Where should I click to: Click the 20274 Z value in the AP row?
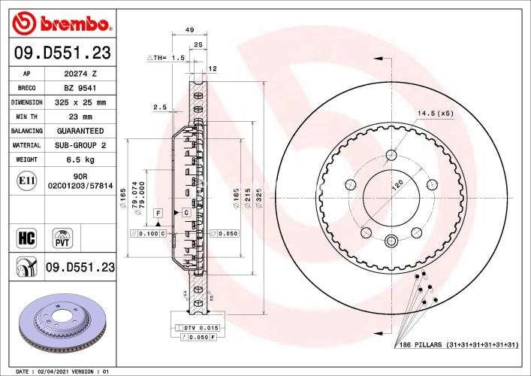80,74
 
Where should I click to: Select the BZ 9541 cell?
80,88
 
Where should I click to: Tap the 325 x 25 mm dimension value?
80,102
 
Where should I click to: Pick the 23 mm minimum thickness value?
80,117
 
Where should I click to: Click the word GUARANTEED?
80,131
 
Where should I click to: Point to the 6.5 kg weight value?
80,159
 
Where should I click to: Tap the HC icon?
26,239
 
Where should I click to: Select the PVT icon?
62,238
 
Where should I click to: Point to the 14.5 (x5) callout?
436,114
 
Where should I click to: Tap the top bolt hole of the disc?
391,155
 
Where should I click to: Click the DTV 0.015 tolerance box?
200,328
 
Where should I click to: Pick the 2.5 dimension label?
159,108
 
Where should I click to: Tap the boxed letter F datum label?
158,214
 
